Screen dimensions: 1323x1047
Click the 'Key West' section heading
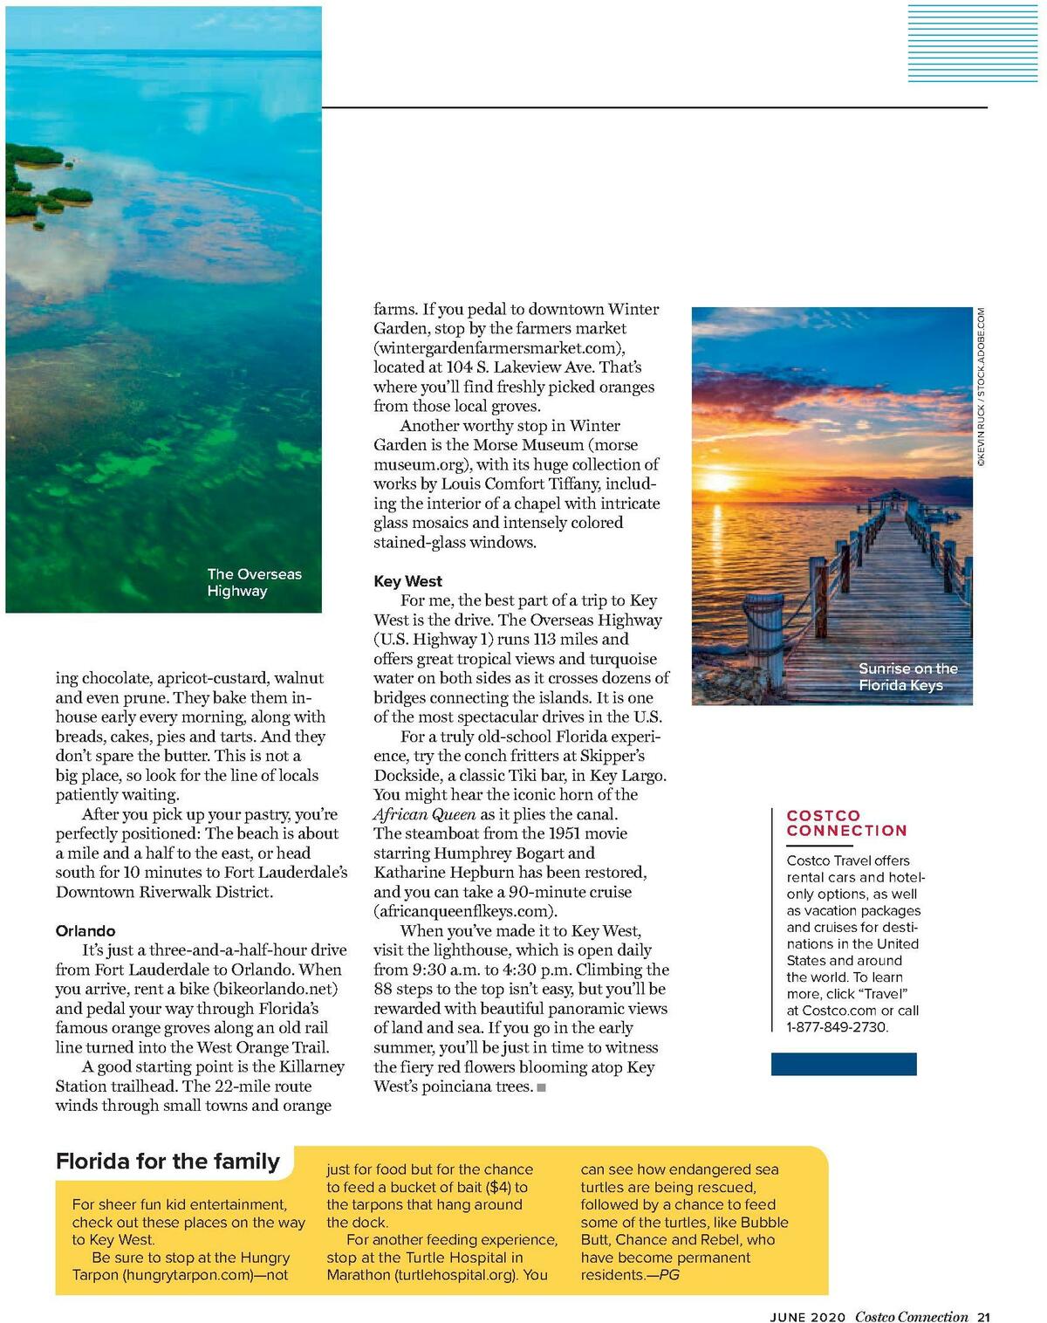pos(407,581)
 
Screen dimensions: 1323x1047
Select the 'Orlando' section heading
pos(86,931)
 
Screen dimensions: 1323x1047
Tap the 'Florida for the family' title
pos(168,1162)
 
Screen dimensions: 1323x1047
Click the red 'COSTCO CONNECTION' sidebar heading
pos(846,823)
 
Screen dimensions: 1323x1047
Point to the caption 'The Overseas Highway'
pos(254,582)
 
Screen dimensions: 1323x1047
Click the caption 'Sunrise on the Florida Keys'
pos(907,676)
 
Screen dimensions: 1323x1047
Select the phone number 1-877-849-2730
pos(838,1027)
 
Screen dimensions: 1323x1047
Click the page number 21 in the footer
pos(983,1317)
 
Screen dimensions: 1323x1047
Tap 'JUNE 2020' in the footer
pos(807,1318)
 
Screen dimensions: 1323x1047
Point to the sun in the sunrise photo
pos(718,482)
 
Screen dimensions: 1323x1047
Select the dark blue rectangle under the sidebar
pos(844,1064)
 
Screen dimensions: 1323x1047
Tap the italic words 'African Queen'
pos(424,814)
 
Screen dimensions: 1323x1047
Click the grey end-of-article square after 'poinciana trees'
pos(542,1087)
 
